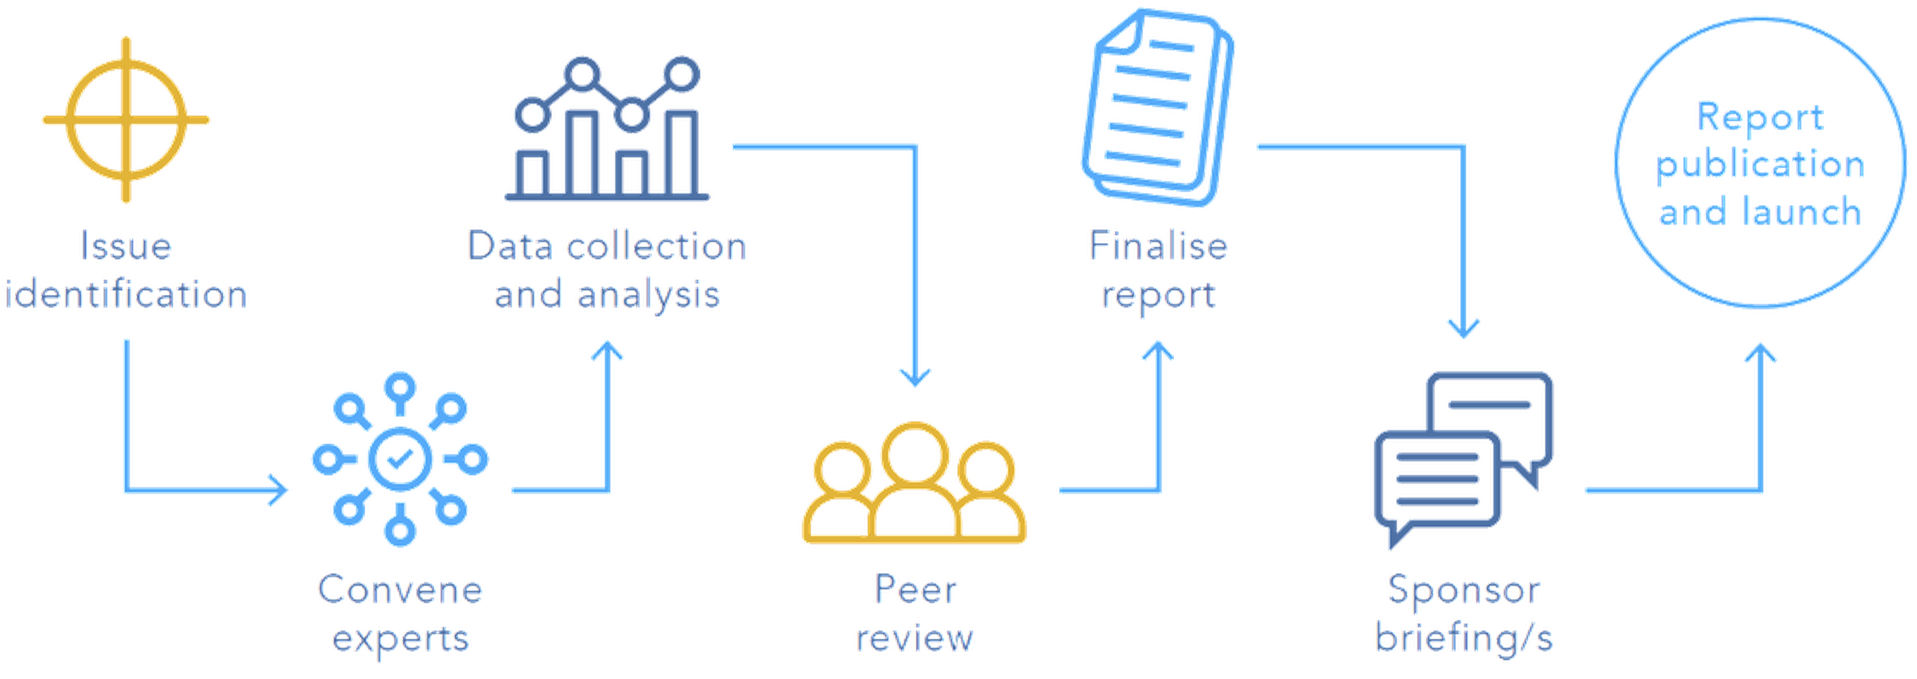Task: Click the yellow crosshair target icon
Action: click(x=127, y=121)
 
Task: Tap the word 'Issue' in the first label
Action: click(x=127, y=247)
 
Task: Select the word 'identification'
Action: click(x=127, y=295)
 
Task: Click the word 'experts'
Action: click(x=400, y=638)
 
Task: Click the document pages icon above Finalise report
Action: click(x=1157, y=108)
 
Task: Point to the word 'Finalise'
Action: click(x=1158, y=247)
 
